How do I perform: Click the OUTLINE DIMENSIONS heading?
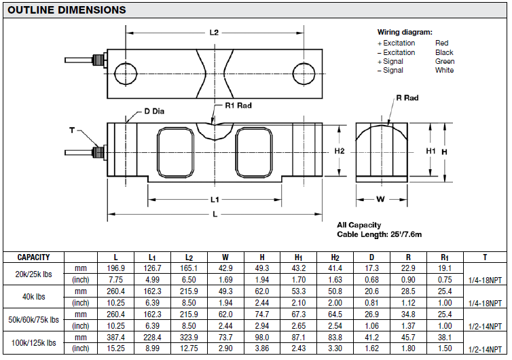tap(66, 10)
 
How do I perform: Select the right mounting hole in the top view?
tap(304, 71)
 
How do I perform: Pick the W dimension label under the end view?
tap(380, 200)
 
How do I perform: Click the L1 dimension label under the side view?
tap(215, 200)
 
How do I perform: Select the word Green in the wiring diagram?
tap(445, 61)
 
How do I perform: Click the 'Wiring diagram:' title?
tap(405, 32)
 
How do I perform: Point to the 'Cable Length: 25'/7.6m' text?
tap(380, 234)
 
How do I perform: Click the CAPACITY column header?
tap(33, 257)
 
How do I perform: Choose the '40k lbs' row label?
tap(33, 297)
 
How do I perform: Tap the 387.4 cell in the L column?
tap(116, 337)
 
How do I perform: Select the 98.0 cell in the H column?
tap(262, 337)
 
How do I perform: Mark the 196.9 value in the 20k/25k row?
tap(116, 268)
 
